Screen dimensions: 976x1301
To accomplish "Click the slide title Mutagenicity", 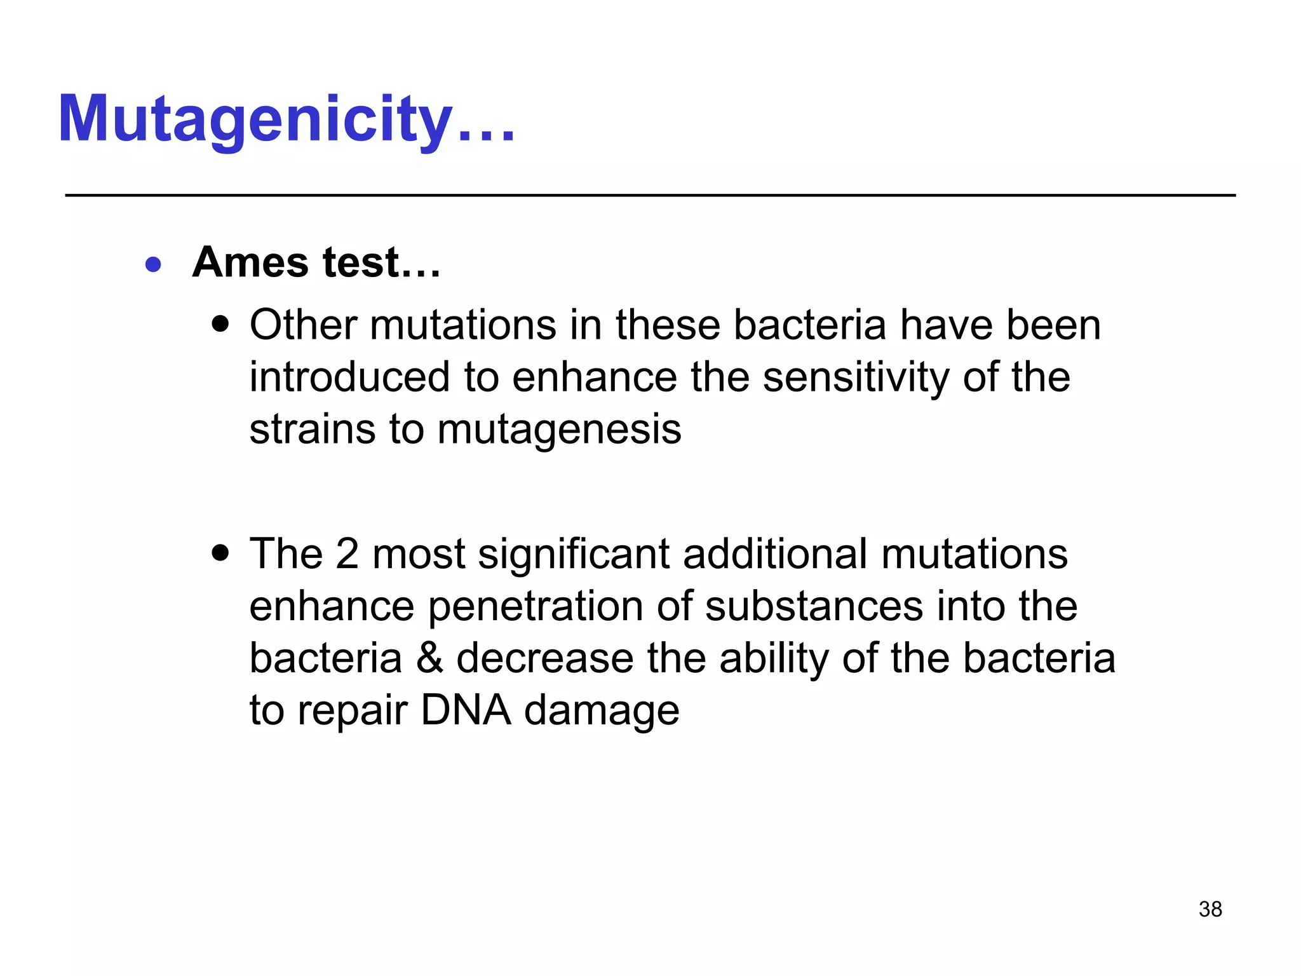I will (x=286, y=119).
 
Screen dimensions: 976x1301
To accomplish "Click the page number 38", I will (x=1210, y=909).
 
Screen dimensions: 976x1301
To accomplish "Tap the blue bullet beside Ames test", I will (x=153, y=264).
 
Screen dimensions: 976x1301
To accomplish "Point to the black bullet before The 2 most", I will (x=220, y=553).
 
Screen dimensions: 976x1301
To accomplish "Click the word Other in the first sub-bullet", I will (x=304, y=325).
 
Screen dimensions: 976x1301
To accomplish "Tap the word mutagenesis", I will (x=559, y=430).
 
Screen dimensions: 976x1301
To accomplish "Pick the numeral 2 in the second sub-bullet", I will (x=347, y=553).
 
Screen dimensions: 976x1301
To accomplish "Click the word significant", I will (x=574, y=555).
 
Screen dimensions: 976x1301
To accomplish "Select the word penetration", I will (x=536, y=607).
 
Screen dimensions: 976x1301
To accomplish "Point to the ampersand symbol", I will (x=429, y=658).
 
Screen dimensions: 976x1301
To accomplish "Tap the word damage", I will (x=602, y=712).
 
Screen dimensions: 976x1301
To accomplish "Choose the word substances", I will (x=814, y=606).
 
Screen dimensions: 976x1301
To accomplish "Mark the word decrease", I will (x=545, y=658).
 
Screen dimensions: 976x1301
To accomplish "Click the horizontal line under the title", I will (x=650, y=196).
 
